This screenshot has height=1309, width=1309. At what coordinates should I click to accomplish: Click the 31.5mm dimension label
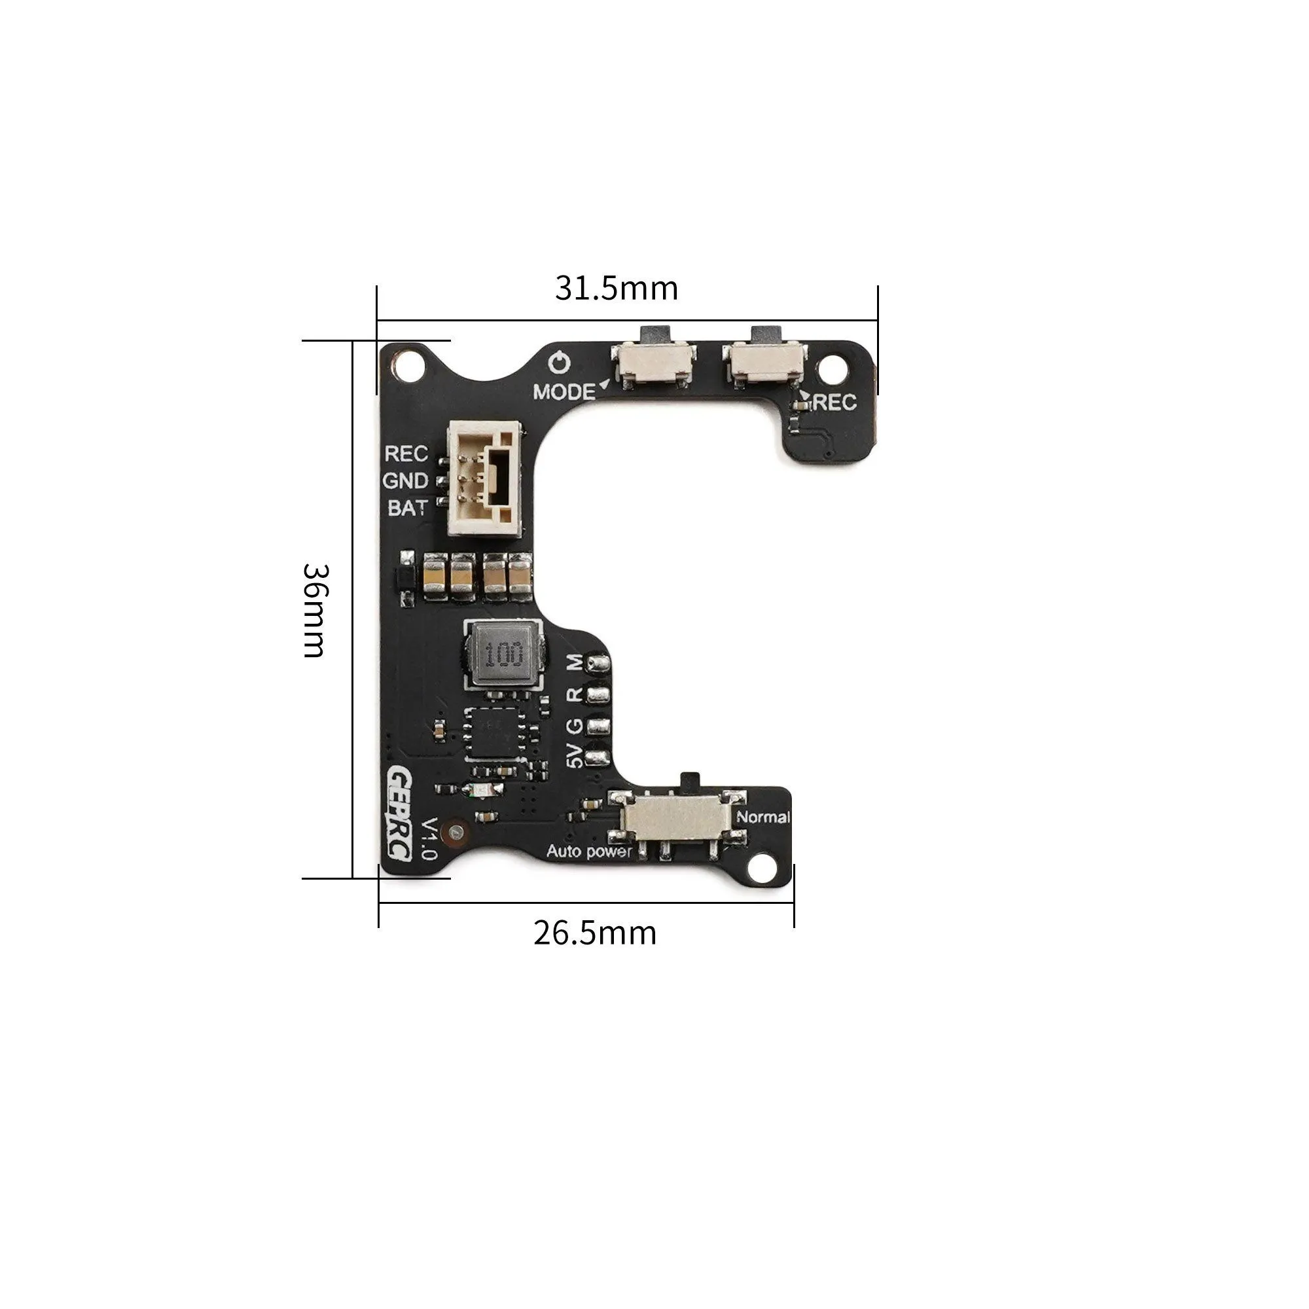click(x=616, y=289)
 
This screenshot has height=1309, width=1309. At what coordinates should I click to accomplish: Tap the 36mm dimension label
click(x=314, y=610)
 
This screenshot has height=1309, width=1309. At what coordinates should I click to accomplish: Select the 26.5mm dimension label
click(x=595, y=933)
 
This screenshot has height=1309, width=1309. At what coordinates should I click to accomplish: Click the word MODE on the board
click(x=563, y=391)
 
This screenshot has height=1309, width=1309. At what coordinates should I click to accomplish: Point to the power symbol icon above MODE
click(x=560, y=364)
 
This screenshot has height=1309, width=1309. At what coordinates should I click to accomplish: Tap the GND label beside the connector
click(x=405, y=480)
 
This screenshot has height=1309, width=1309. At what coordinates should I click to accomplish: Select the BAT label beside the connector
click(x=407, y=507)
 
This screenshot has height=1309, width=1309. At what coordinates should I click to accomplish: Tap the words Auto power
click(x=589, y=852)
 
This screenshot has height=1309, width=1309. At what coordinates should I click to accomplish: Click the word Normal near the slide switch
click(x=763, y=817)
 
